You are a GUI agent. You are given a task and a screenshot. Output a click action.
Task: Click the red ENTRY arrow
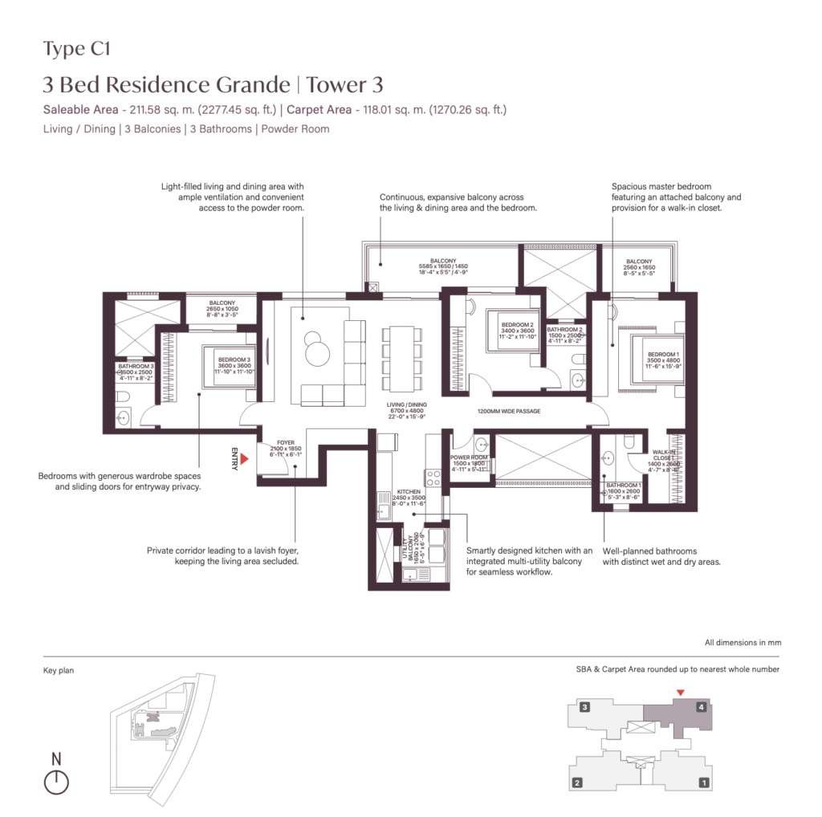click(x=246, y=458)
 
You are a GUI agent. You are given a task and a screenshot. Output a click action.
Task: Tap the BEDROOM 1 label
click(x=664, y=355)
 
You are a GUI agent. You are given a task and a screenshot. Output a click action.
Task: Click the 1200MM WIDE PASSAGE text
click(x=508, y=411)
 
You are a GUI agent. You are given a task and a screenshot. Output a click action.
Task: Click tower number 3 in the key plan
click(x=585, y=707)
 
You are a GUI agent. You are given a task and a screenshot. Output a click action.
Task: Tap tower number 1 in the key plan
click(x=703, y=782)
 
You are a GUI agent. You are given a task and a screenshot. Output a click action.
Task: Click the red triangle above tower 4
click(x=681, y=693)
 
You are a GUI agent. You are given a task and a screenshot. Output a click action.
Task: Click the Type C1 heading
click(x=76, y=50)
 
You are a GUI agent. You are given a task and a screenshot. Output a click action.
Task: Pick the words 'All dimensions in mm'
click(x=743, y=643)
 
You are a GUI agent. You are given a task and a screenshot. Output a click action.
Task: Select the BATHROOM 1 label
click(x=623, y=486)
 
